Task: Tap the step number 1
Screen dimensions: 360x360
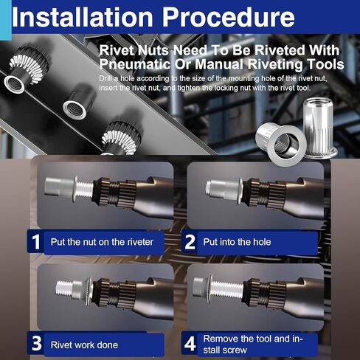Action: [35, 241]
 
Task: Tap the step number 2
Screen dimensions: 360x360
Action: [190, 241]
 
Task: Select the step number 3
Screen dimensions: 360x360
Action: [35, 344]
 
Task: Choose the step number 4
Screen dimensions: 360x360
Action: [190, 344]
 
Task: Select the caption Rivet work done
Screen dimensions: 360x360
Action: [83, 345]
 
